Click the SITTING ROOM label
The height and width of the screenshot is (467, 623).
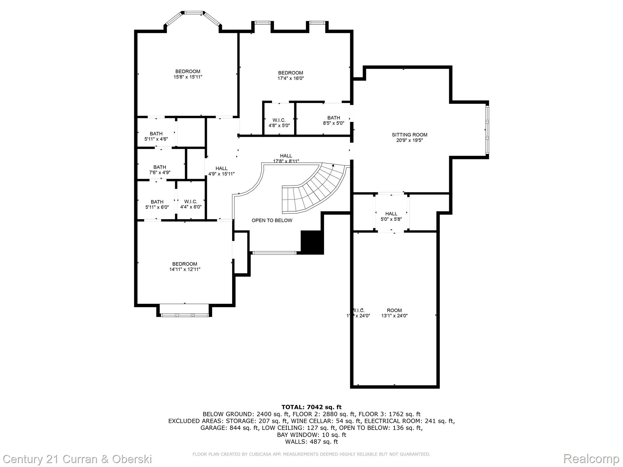[x=409, y=135]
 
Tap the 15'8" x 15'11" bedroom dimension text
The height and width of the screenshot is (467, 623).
[x=188, y=77]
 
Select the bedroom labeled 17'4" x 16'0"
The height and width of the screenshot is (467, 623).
[x=291, y=75]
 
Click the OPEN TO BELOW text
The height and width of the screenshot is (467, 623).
[x=272, y=220]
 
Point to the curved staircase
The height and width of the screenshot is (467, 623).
[x=316, y=189]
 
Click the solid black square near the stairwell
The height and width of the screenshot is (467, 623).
[x=312, y=242]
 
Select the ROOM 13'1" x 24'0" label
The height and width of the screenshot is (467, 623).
[x=394, y=313]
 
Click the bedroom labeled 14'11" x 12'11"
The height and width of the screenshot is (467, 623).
[x=185, y=267]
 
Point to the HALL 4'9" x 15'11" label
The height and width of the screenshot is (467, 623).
[x=221, y=171]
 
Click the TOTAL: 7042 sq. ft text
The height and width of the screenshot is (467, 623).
[x=311, y=407]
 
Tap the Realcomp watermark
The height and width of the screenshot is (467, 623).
[x=591, y=458]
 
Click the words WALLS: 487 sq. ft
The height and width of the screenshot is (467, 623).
[x=311, y=442]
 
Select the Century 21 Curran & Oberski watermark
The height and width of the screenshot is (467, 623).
[x=78, y=459]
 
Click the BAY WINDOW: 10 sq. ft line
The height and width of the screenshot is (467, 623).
[x=311, y=435]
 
